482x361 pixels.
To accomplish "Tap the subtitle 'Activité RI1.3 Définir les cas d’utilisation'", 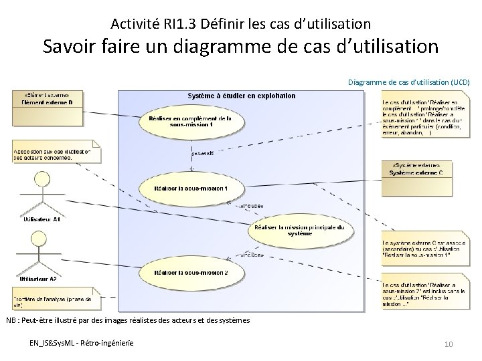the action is (240, 24).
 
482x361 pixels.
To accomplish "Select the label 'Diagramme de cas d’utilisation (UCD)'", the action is (408, 82).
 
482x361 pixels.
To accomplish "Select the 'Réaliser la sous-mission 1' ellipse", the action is (190, 189).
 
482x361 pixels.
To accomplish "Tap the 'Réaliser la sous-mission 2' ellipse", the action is (190, 273).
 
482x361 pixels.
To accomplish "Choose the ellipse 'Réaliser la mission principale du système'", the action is (299, 231).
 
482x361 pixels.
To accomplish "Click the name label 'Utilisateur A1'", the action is (42, 219).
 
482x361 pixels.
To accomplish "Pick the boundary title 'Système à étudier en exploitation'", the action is (242, 96).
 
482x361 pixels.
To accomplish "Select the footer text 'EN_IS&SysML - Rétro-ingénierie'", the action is (81, 343).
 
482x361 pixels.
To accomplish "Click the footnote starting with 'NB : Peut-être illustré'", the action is (128, 320).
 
